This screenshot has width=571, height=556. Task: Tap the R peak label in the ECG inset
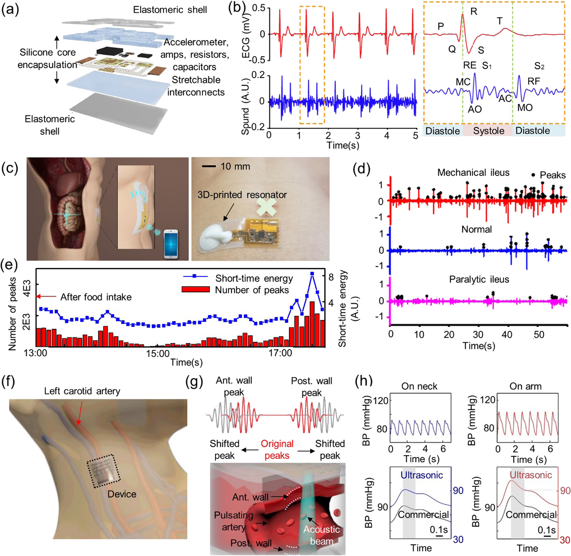coord(474,12)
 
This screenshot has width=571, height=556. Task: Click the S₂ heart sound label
coord(539,66)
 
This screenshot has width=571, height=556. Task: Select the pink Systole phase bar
coord(488,131)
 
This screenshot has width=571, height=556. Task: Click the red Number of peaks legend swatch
coord(196,289)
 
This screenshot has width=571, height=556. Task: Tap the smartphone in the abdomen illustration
coord(171,244)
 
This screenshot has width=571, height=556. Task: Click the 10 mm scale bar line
coord(209,167)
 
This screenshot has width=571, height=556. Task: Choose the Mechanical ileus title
coord(473,172)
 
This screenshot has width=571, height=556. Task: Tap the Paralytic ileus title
coord(479,280)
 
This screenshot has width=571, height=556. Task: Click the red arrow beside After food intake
coord(46,297)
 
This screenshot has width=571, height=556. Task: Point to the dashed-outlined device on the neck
coord(104,471)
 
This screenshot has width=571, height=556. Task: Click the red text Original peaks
coord(277,450)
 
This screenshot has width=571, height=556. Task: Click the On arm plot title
coord(525,386)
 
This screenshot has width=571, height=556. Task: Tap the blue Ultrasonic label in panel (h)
coord(422,475)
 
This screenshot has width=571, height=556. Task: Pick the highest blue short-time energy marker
coord(312,274)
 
